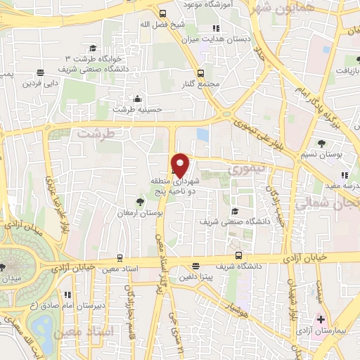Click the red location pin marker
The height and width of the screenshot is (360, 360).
180,164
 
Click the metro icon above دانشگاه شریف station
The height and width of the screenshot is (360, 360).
240,255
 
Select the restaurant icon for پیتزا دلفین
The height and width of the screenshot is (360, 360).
195,266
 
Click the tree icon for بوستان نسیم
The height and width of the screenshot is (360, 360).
321,143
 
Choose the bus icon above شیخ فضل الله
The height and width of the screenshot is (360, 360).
162,13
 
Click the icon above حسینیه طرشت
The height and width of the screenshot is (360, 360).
136,98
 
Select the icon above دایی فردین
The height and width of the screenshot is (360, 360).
40,72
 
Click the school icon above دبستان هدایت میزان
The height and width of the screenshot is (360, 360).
216,28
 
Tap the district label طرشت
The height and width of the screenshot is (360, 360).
96,133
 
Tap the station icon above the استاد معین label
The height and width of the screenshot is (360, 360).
120,257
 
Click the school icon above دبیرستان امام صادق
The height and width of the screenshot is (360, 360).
67,295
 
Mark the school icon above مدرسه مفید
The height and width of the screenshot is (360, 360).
344,174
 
